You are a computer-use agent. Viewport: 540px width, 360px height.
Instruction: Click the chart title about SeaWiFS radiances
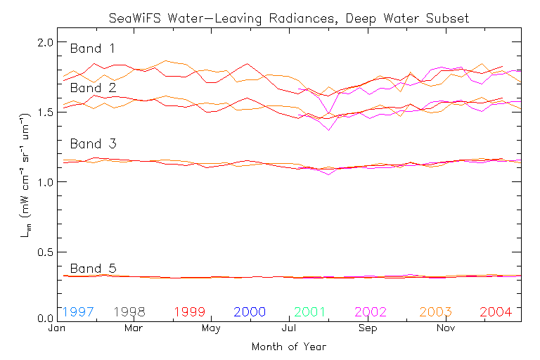pyautogui.click(x=288, y=18)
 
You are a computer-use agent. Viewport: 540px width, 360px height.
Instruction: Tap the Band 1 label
pyautogui.click(x=93, y=49)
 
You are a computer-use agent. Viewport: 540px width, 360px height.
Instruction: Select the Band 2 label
pyautogui.click(x=93, y=88)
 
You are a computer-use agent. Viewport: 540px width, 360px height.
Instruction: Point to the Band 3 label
pyautogui.click(x=93, y=144)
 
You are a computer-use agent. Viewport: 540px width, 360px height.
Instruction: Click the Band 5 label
pyautogui.click(x=93, y=268)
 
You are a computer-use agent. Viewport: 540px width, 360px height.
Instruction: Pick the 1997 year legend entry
pyautogui.click(x=78, y=311)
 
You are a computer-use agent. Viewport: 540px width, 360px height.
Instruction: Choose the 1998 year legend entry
pyautogui.click(x=129, y=311)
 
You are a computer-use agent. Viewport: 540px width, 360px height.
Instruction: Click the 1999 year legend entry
pyautogui.click(x=190, y=311)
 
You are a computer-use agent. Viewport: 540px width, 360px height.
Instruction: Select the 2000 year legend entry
pyautogui.click(x=250, y=311)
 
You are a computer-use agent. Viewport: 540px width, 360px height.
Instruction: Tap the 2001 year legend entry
pyautogui.click(x=311, y=311)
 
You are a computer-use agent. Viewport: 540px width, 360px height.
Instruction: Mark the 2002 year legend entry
pyautogui.click(x=372, y=311)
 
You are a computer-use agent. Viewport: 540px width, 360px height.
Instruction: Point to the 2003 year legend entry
pyautogui.click(x=435, y=311)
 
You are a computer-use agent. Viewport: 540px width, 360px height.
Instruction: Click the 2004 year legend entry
pyautogui.click(x=496, y=311)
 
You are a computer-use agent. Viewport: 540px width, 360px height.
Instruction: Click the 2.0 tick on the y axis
pyautogui.click(x=45, y=42)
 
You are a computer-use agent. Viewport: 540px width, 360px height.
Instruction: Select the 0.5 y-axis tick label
pyautogui.click(x=45, y=252)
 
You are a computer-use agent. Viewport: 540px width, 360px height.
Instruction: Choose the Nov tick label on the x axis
pyautogui.click(x=445, y=328)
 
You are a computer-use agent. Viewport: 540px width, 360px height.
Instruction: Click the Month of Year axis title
pyautogui.click(x=288, y=347)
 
